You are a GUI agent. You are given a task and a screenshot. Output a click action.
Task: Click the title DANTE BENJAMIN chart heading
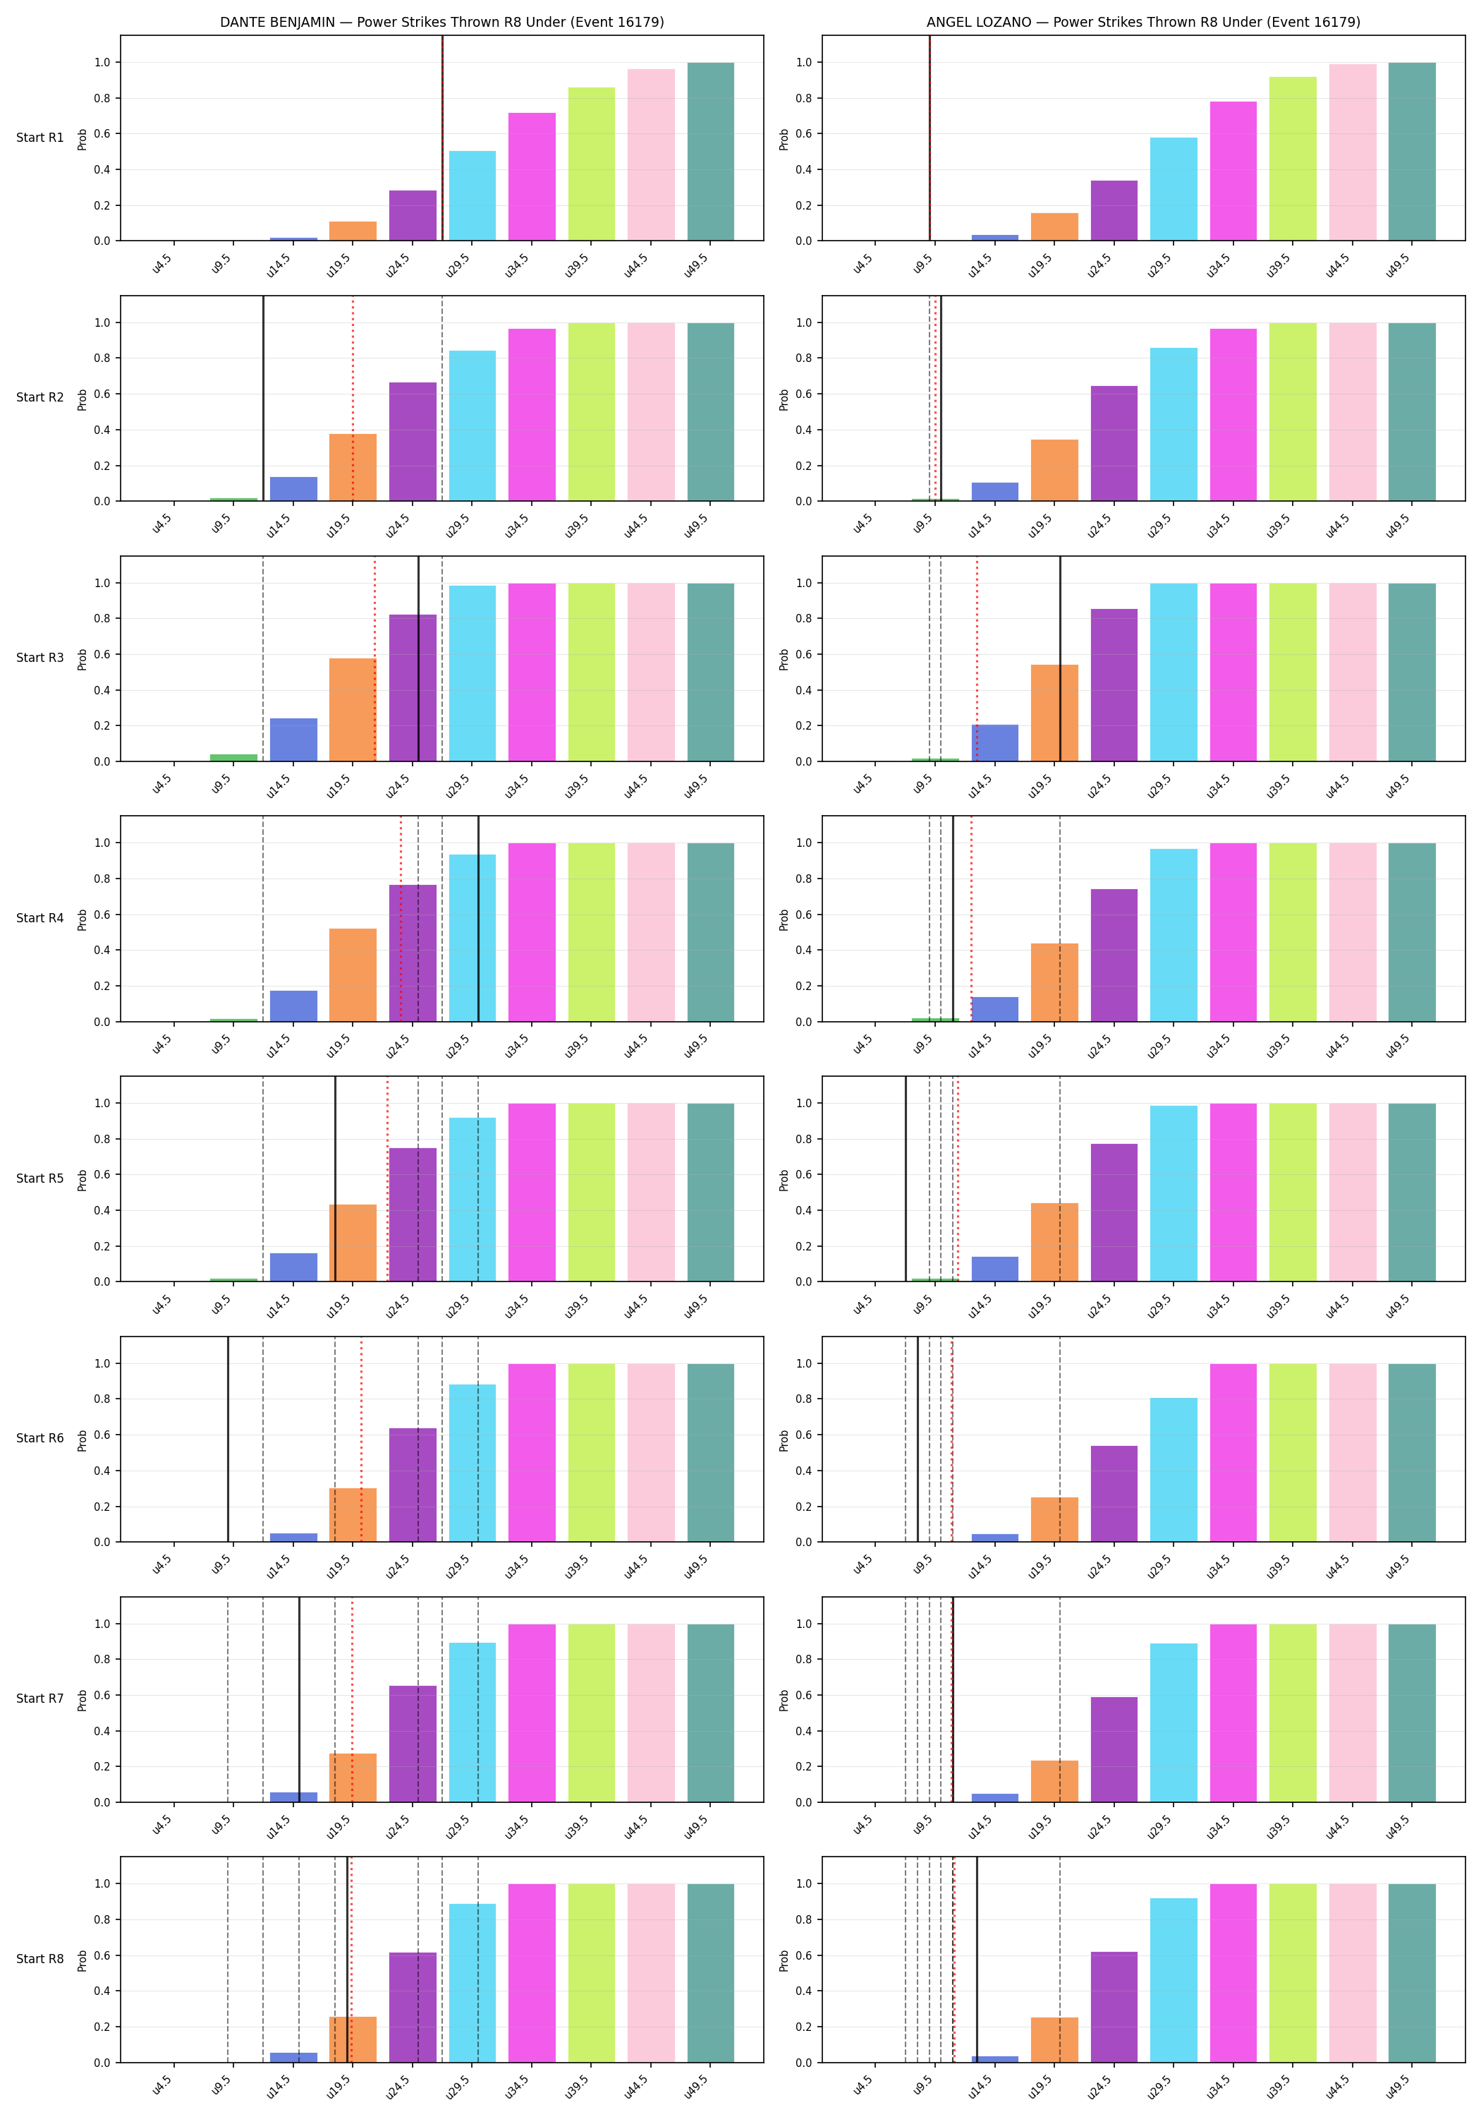(441, 22)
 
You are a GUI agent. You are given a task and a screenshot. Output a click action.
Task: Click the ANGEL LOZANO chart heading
(1142, 22)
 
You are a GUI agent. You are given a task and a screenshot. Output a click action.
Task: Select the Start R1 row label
(39, 138)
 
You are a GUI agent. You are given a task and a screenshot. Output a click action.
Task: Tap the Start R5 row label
(39, 1178)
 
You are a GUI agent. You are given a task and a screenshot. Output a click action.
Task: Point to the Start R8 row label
(39, 1958)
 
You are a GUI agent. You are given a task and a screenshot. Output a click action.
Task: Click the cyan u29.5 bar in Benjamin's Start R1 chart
(473, 195)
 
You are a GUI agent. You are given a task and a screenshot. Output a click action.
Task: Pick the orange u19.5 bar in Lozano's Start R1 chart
(1054, 227)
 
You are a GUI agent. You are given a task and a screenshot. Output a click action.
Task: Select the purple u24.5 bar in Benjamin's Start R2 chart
(413, 442)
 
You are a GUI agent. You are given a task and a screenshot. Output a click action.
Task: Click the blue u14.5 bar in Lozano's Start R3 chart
(995, 743)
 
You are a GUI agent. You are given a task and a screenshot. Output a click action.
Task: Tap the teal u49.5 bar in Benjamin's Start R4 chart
(711, 932)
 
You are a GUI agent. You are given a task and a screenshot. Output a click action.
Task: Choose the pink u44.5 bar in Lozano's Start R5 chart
(1353, 1192)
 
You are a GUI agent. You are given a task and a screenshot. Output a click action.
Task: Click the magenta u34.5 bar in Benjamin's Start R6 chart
(532, 1452)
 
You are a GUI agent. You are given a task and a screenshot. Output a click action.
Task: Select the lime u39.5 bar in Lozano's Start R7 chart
(1293, 1713)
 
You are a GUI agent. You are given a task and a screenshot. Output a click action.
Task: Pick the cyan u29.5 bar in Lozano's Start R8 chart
(1174, 1981)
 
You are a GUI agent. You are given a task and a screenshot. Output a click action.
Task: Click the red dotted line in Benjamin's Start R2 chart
(352, 398)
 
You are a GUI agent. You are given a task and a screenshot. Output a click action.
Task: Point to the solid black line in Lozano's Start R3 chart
(1060, 658)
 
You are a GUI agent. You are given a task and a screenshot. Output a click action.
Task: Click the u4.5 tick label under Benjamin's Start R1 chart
(162, 265)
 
